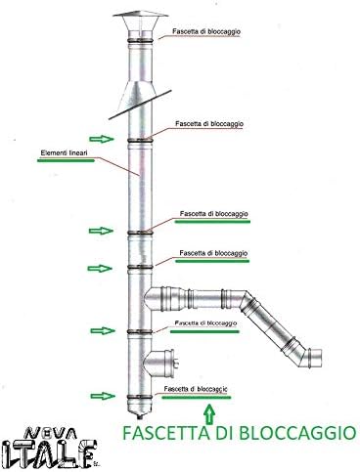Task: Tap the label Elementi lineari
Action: point(65,152)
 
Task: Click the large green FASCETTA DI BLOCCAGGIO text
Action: point(239,433)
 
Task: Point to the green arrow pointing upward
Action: point(209,412)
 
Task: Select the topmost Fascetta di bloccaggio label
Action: point(206,31)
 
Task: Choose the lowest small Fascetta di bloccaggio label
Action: point(196,389)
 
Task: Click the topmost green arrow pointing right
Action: point(102,139)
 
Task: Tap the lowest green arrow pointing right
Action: point(103,396)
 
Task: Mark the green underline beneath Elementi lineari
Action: point(66,160)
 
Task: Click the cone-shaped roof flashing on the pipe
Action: point(135,96)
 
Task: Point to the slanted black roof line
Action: point(140,105)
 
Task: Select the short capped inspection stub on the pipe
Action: point(160,363)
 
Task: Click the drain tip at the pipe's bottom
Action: point(140,415)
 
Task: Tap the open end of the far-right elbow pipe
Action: point(315,358)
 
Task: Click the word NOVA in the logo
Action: point(51,434)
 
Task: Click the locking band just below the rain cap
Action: point(140,41)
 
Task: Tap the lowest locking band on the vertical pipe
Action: point(140,398)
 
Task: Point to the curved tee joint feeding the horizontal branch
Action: point(155,299)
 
